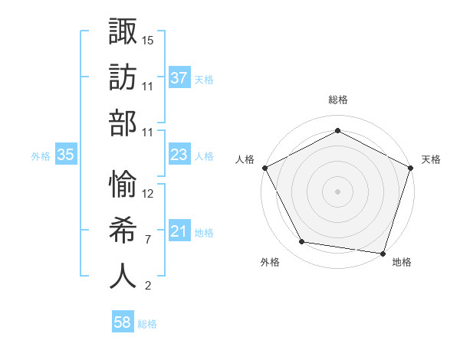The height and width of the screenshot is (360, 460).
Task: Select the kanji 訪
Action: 123,77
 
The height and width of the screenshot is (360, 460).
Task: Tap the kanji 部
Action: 123,125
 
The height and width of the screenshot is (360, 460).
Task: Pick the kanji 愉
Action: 123,182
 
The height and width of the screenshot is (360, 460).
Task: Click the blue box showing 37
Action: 179,77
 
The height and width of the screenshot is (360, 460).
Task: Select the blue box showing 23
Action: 179,155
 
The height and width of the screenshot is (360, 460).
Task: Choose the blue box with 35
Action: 66,155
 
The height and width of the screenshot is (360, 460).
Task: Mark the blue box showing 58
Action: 123,323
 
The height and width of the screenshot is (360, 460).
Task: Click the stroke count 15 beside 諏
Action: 148,39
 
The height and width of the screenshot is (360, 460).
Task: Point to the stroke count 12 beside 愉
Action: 148,193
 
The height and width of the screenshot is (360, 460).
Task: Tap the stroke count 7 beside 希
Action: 148,240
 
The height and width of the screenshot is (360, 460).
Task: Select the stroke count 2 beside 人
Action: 148,286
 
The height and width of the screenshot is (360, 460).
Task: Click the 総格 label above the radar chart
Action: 337,100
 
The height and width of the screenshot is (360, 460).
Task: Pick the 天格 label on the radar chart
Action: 431,159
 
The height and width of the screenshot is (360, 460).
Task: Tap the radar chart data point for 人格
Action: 264,167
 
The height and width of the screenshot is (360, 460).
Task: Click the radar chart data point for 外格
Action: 302,242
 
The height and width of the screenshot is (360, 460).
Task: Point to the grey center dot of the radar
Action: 337,191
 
